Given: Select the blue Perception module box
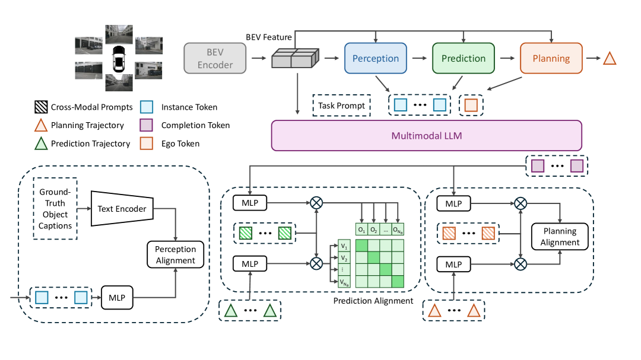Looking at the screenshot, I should tap(375, 58).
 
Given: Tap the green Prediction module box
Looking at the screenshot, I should tap(464, 58).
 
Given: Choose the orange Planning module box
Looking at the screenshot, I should tap(551, 58).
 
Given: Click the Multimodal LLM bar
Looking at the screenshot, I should tap(426, 135).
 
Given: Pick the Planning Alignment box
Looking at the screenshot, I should tap(560, 237).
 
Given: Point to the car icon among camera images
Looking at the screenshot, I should tap(119, 58).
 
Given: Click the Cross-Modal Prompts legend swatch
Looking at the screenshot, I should tap(41, 107).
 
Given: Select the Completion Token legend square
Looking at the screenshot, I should tap(148, 125).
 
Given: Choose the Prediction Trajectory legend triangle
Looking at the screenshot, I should tap(41, 143).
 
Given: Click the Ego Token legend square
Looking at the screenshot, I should tap(148, 143).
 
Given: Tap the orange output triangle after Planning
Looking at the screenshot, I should tap(610, 58).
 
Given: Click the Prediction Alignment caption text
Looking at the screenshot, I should tap(373, 301).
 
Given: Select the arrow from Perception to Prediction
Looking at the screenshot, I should tap(419, 58).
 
